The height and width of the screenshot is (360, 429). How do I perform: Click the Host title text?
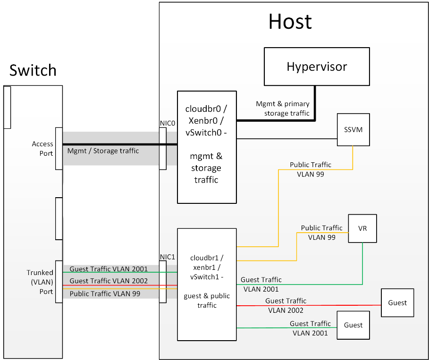[x=290, y=22]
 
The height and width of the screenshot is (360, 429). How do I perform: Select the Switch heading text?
[x=33, y=71]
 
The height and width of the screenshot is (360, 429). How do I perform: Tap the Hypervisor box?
[x=316, y=67]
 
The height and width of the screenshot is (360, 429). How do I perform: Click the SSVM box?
[x=353, y=130]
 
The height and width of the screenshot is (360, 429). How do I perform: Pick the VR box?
[x=362, y=228]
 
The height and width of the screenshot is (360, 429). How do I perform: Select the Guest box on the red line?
[x=397, y=303]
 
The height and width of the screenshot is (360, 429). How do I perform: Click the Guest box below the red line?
[x=353, y=325]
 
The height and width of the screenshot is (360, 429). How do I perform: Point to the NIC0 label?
[x=168, y=123]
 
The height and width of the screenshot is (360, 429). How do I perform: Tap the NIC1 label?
[x=168, y=257]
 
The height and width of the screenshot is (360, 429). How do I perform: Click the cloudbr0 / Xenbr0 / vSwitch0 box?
[x=207, y=147]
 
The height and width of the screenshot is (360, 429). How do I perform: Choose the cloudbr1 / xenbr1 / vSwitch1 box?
[x=207, y=284]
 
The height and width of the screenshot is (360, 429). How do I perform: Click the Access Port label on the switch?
[x=42, y=149]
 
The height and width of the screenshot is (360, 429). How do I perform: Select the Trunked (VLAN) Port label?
[x=40, y=282]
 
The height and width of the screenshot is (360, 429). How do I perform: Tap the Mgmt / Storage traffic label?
[x=103, y=151]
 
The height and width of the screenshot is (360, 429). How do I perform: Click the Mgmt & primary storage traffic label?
[x=283, y=109]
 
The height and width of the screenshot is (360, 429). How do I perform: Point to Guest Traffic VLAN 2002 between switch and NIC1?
[x=109, y=281]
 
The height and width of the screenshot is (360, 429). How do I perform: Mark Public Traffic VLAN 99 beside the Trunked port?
[x=105, y=293]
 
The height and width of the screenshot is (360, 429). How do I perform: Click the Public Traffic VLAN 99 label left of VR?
[x=321, y=233]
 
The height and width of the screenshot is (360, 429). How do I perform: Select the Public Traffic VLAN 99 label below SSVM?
[x=310, y=169]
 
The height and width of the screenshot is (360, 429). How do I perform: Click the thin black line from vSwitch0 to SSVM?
[x=287, y=139]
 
